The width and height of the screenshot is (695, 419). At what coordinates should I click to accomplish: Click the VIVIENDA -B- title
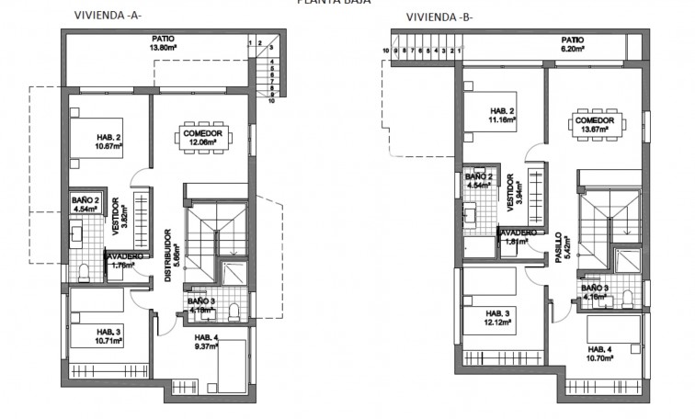[x=439, y=17]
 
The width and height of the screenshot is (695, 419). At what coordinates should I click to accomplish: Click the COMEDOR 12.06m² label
[x=201, y=139]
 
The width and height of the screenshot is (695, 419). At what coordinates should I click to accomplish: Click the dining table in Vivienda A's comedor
[x=201, y=138]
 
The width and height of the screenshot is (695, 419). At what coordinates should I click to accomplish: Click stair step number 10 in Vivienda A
[x=272, y=101]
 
